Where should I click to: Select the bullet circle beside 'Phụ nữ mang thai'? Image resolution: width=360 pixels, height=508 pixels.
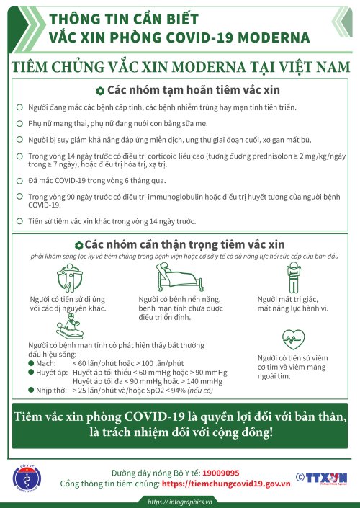point(19,122)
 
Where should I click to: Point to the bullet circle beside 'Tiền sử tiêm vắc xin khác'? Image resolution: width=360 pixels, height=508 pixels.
point(19,220)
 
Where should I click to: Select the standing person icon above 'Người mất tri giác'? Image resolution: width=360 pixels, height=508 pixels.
point(292,277)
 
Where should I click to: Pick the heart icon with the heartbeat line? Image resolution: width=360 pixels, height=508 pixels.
point(292,338)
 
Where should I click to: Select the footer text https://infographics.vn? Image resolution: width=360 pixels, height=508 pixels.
point(180,502)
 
